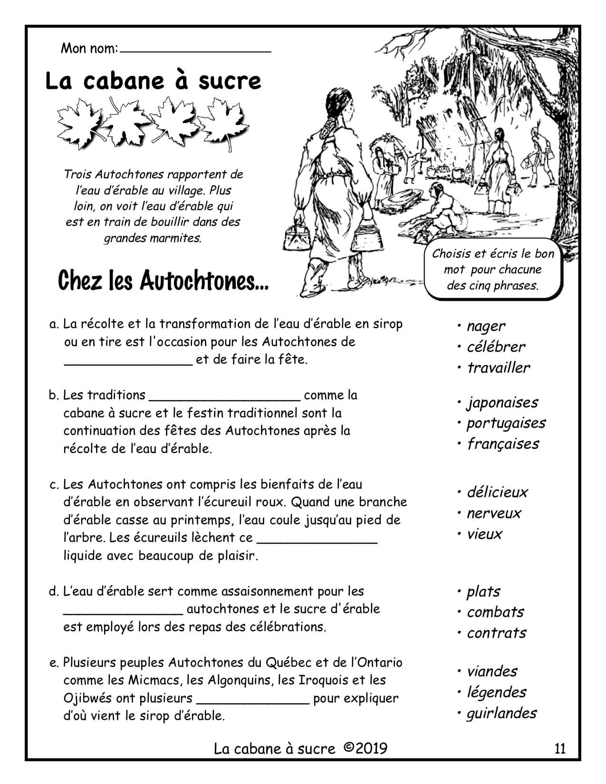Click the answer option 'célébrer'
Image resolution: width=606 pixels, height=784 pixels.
point(496,347)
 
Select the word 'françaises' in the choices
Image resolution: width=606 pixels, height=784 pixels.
point(502,444)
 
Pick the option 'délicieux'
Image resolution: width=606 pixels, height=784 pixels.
point(497,492)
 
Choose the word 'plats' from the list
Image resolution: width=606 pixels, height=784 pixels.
point(483,592)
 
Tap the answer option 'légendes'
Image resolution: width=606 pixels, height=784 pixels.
point(496,692)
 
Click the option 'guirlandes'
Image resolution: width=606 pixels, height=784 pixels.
point(501,713)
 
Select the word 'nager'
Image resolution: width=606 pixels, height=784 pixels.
point(486,326)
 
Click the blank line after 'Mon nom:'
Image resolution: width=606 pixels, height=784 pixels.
point(195,49)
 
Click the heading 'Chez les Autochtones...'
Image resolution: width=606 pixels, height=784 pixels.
point(163,281)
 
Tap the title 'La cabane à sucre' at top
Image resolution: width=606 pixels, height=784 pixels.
point(153,81)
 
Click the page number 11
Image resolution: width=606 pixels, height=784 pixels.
point(560,749)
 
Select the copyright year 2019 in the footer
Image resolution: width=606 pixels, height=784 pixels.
point(371,749)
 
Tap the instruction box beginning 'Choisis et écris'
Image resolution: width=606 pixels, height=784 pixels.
point(492,269)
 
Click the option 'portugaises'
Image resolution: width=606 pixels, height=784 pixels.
point(506,423)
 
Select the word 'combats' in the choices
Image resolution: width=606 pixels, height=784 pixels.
point(495,612)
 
